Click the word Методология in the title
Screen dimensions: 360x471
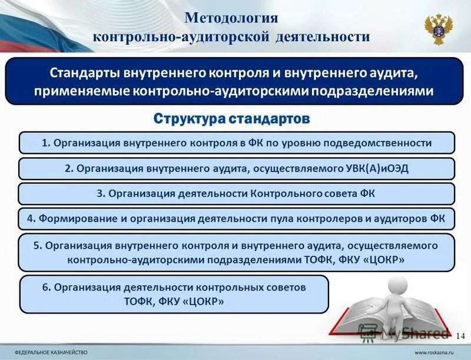click(231, 17)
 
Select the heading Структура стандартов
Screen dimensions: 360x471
click(231, 119)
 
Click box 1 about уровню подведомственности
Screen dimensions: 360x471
click(237, 143)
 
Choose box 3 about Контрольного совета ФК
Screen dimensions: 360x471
click(235, 194)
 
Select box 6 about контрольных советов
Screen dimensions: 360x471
click(174, 294)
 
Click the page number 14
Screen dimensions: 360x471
click(460, 335)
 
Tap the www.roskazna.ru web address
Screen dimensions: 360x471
click(437, 352)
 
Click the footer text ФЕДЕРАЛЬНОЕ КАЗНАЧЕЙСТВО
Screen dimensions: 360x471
click(51, 352)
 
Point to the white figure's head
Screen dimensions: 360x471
click(397, 286)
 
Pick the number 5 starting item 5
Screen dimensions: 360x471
click(38, 246)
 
